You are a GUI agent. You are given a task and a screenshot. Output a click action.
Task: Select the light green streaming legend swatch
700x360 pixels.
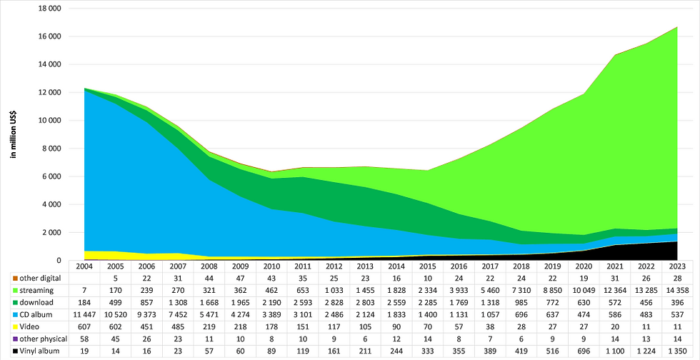point(16,290)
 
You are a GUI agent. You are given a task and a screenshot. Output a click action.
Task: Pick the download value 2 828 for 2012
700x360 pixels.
point(334,303)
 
